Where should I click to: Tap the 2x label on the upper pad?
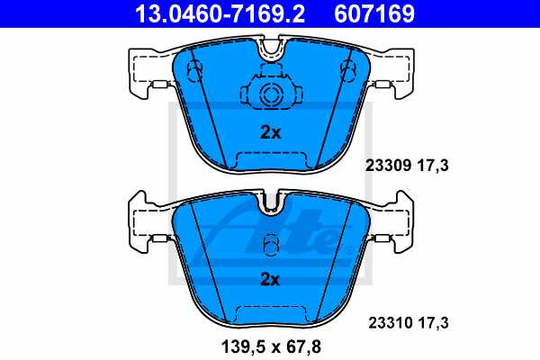(270, 132)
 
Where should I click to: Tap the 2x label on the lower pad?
(270, 279)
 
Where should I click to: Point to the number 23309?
(385, 166)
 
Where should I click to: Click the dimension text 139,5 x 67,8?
(270, 346)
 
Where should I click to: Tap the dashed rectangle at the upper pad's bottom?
(270, 160)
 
